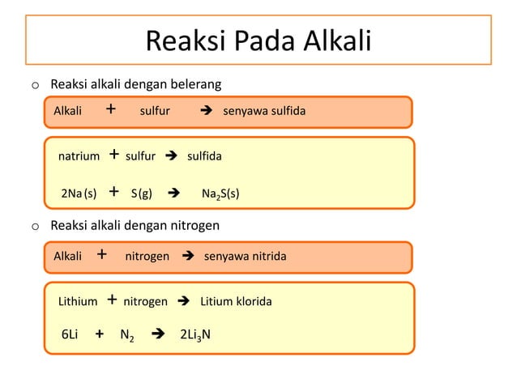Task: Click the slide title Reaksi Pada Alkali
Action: (258, 40)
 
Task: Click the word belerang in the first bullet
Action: (194, 84)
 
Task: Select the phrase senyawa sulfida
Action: (264, 111)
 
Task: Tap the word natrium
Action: (79, 155)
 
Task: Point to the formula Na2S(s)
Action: (220, 193)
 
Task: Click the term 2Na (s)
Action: (79, 193)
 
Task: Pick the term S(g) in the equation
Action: (142, 193)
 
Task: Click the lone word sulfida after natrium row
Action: (204, 155)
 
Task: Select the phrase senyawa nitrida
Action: (245, 257)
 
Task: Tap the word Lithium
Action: (77, 301)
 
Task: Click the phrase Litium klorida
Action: (236, 301)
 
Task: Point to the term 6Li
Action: (70, 333)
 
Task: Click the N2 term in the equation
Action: (126, 334)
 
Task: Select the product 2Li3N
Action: (194, 334)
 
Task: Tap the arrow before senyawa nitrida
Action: (188, 257)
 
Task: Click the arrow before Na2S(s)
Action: (173, 193)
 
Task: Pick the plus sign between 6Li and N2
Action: (99, 333)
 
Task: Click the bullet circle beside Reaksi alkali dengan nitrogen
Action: (35, 225)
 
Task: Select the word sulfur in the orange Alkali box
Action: (155, 111)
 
